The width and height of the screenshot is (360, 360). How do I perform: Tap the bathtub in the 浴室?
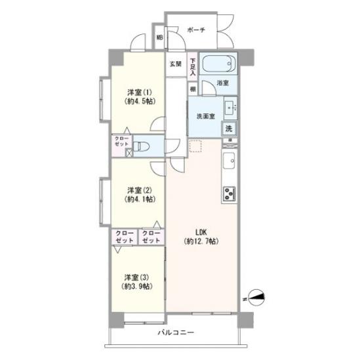pyautogui.click(x=218, y=63)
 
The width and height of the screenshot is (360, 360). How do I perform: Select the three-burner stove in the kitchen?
pyautogui.click(x=230, y=194)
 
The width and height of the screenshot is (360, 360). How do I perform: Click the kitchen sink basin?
pyautogui.click(x=229, y=161)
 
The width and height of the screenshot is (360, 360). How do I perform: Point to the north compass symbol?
pyautogui.click(x=256, y=298)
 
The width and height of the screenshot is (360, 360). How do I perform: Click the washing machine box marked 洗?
pyautogui.click(x=229, y=129)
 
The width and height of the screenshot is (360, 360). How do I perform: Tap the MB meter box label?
pyautogui.click(x=159, y=37)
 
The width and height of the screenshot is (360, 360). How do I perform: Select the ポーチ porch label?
pyautogui.click(x=196, y=30)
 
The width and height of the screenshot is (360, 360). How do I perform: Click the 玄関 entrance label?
pyautogui.click(x=176, y=64)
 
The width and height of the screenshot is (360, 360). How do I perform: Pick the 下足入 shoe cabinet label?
pyautogui.click(x=193, y=67)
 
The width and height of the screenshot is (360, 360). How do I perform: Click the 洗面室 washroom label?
pyautogui.click(x=206, y=117)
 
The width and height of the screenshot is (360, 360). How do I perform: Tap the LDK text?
pyautogui.click(x=201, y=232)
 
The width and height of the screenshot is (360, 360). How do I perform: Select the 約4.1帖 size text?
pyautogui.click(x=140, y=199)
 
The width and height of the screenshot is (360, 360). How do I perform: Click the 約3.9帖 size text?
pyautogui.click(x=137, y=287)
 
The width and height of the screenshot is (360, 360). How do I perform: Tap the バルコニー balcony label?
pyautogui.click(x=176, y=332)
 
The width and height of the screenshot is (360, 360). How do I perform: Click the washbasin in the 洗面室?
pyautogui.click(x=230, y=108)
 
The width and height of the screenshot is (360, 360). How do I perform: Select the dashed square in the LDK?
pyautogui.click(x=195, y=146)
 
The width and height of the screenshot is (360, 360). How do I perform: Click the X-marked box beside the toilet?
pyautogui.click(x=129, y=153)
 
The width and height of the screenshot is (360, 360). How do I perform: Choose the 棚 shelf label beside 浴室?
pyautogui.click(x=193, y=89)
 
